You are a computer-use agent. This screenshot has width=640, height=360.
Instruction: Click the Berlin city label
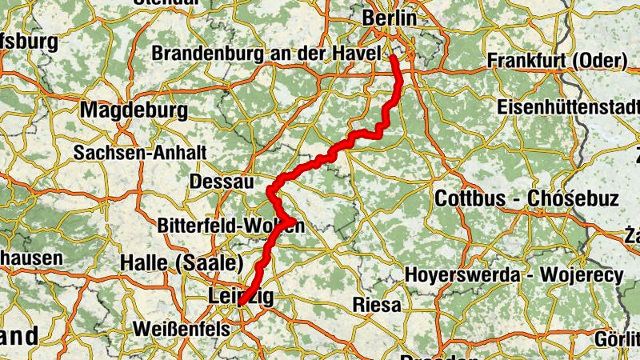(390, 18)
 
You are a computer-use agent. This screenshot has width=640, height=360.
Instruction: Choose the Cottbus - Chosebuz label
(526, 198)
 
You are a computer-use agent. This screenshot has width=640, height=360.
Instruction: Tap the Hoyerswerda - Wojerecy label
(514, 273)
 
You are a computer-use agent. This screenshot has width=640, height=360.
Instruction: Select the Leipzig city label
(241, 296)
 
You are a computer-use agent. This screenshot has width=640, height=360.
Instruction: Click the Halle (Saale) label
(182, 262)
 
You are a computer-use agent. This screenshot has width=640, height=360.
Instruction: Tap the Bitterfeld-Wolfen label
(231, 226)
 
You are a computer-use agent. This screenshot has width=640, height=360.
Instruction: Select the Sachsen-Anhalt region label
(140, 152)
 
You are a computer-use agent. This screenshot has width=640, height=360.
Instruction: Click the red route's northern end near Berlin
(394, 57)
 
